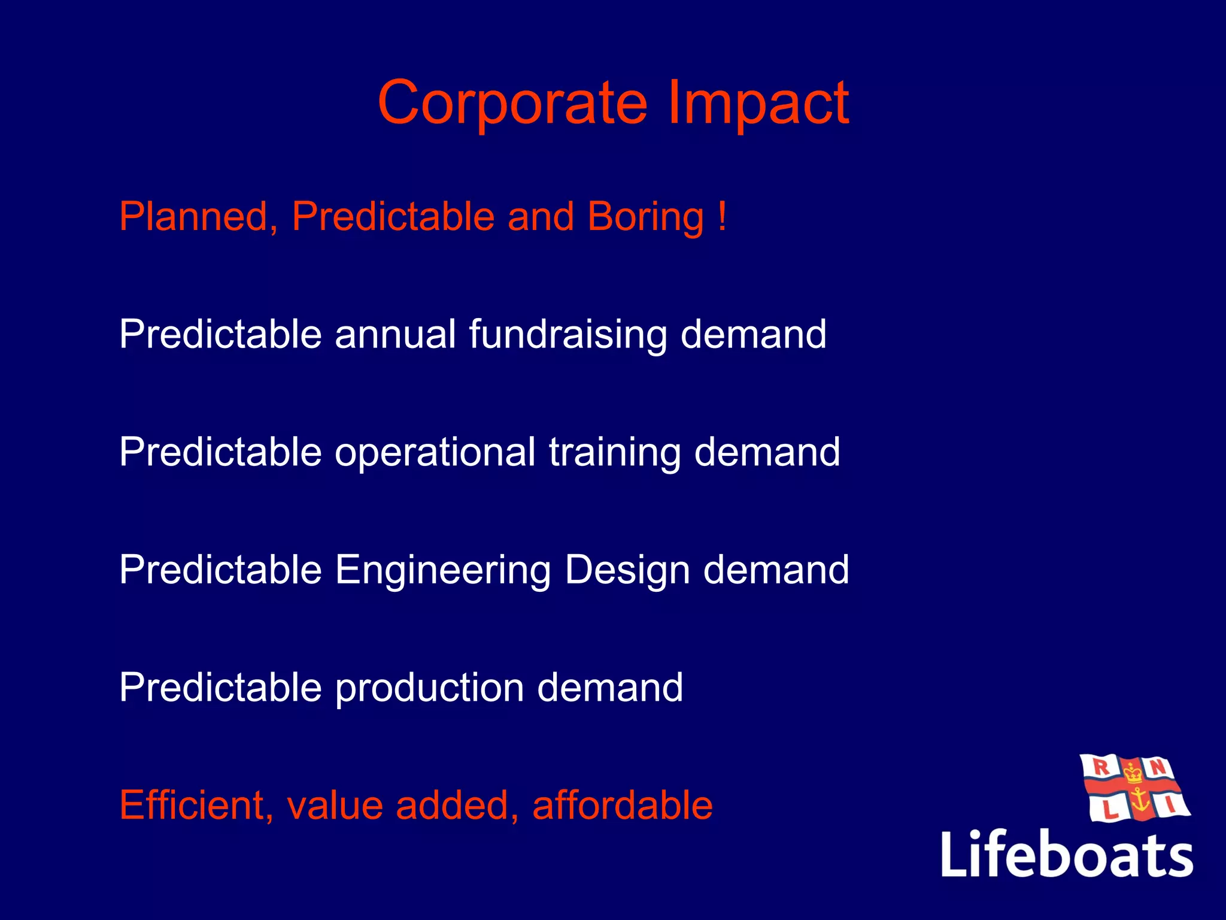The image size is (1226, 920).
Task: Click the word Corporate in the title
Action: point(512,103)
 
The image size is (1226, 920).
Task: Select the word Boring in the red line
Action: point(645,217)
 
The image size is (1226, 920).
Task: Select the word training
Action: point(615,453)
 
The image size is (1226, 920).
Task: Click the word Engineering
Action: point(442,570)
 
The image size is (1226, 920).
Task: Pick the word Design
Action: point(627,570)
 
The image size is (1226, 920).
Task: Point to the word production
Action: point(429,688)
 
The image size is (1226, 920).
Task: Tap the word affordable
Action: point(622,805)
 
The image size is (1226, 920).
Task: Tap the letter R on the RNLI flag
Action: point(1101,767)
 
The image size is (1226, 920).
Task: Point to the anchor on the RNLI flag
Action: point(1140,801)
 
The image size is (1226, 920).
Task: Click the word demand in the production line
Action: point(610,688)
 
